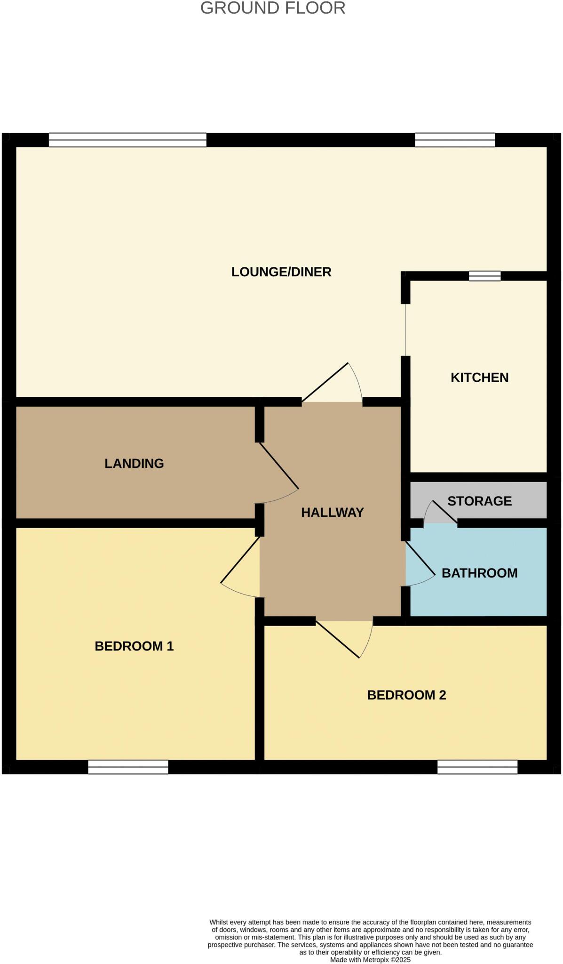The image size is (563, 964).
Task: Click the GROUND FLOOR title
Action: (273, 8)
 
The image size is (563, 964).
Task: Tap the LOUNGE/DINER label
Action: (281, 272)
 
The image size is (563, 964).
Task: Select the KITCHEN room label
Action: (479, 378)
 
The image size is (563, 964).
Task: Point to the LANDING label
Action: (134, 464)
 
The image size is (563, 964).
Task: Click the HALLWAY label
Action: (332, 513)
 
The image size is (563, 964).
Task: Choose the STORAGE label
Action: (479, 501)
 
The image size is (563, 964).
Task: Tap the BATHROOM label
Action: (479, 573)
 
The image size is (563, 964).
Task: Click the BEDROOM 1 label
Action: (134, 646)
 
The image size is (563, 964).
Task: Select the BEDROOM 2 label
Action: (406, 695)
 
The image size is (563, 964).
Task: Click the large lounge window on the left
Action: (127, 140)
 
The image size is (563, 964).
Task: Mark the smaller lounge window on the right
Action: (455, 140)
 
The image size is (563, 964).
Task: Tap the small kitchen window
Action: (484, 276)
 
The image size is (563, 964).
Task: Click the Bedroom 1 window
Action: (128, 767)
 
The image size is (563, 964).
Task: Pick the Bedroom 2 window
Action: (477, 767)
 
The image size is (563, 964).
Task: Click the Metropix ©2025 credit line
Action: (370, 960)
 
